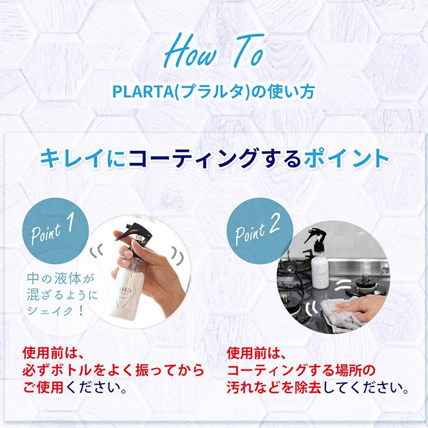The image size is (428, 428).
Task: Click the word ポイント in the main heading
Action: point(346,158)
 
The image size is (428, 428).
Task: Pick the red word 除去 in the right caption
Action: point(318,388)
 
